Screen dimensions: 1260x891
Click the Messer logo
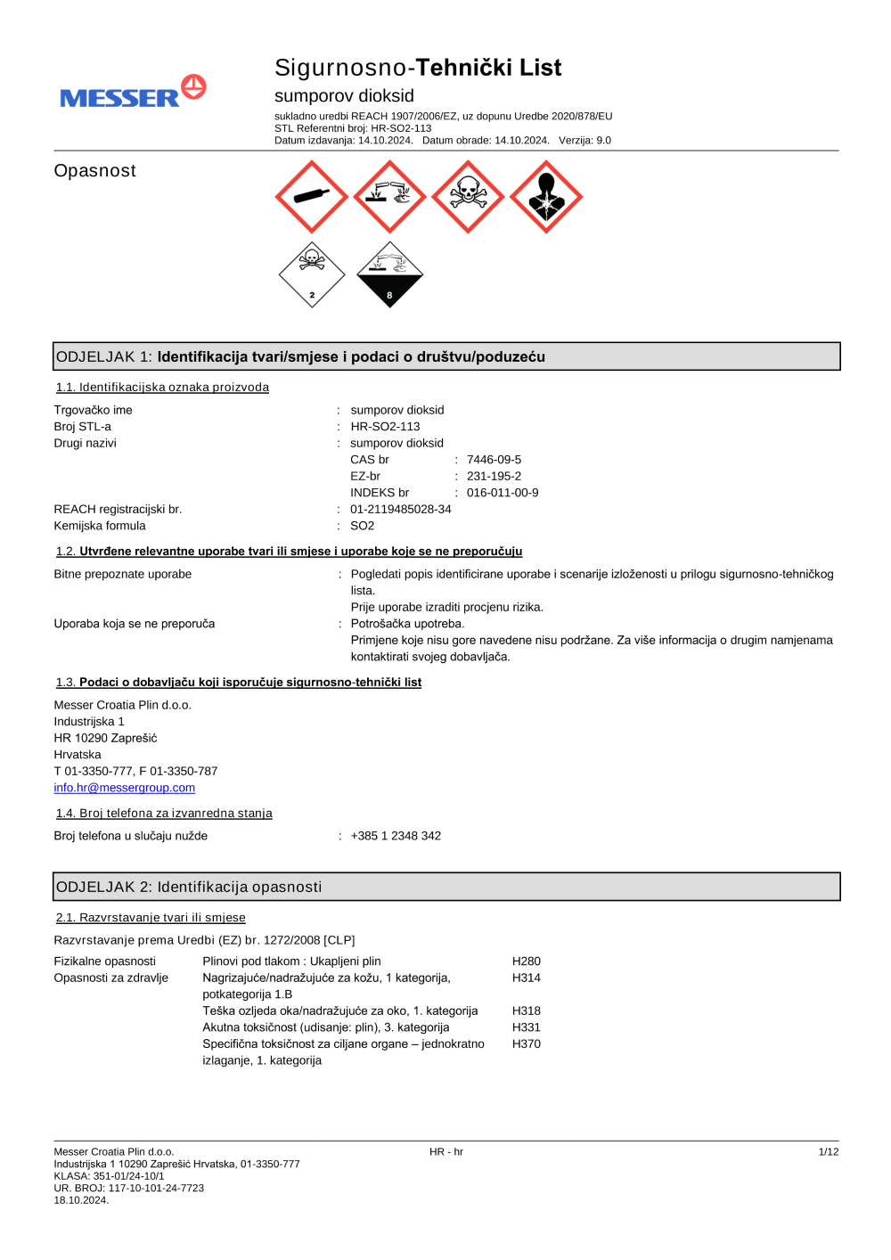pos(133,93)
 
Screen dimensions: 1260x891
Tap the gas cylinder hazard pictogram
pos(312,197)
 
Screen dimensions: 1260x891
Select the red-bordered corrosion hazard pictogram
pos(389,197)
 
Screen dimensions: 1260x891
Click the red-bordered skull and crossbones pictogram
pos(468,197)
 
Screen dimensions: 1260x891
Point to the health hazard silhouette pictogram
pos(546,197)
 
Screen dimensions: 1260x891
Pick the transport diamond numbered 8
pos(389,274)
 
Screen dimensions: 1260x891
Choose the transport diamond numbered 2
pos(312,274)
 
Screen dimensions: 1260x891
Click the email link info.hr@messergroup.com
pos(124,788)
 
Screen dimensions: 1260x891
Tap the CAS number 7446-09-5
pos(494,460)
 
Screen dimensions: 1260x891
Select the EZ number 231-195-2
pos(494,477)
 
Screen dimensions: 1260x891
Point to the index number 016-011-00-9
pos(503,493)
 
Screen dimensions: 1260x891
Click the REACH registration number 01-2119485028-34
pos(401,510)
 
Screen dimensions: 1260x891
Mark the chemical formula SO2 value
pos(363,526)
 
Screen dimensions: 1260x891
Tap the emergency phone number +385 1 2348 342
pos(396,836)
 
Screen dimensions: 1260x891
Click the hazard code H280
pos(526,961)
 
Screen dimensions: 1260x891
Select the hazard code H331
pos(526,1027)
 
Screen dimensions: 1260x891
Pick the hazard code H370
pos(526,1044)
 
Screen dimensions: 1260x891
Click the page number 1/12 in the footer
pos(828,1152)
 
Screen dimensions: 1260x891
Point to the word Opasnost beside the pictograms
pos(95,171)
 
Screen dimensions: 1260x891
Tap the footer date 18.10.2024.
pos(81,1200)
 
